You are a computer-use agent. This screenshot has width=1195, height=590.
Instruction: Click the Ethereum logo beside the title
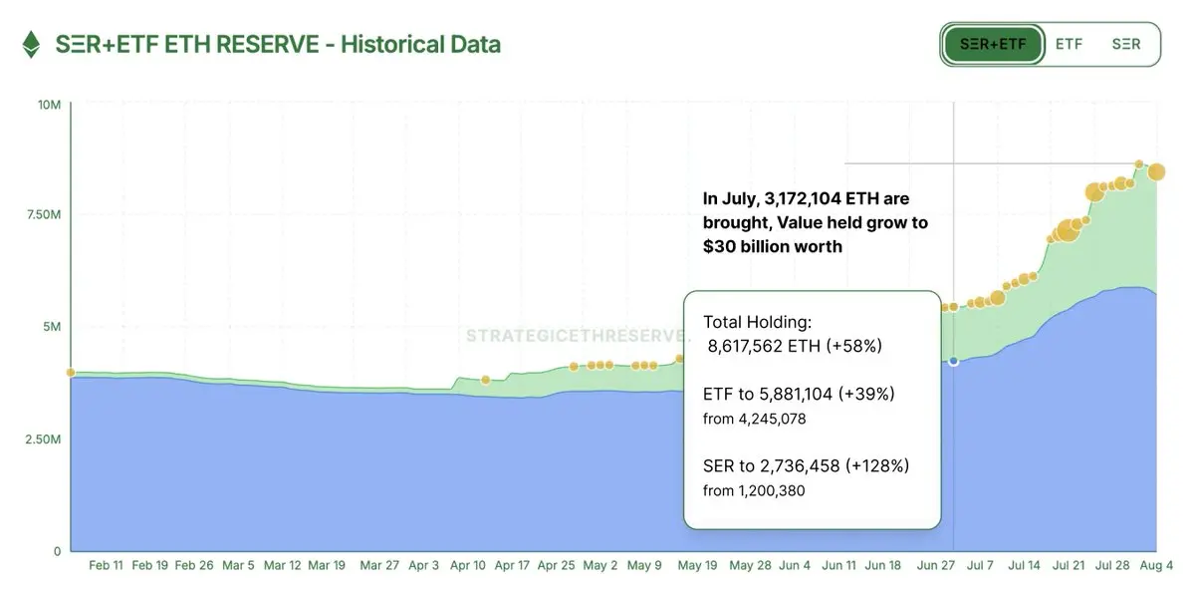(32, 45)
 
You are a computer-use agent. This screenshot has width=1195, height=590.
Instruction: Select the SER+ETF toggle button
(992, 45)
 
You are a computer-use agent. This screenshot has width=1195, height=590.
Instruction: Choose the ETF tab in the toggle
(1069, 45)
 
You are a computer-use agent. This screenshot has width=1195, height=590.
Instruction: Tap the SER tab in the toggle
(1126, 45)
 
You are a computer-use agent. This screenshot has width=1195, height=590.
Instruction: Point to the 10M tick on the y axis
(50, 105)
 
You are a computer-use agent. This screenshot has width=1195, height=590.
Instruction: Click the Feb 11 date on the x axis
(107, 565)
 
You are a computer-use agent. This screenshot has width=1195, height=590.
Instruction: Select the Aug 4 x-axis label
(1156, 565)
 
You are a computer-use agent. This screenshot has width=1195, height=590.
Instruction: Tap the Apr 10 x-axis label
(468, 565)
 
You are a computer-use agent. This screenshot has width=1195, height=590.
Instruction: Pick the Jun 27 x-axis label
(935, 565)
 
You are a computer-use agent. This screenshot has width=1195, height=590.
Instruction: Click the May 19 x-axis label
(697, 565)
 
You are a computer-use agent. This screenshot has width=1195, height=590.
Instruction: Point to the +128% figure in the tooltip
(877, 465)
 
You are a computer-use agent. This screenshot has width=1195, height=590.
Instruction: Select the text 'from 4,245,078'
(754, 419)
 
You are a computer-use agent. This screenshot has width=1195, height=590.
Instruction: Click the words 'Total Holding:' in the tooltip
(757, 323)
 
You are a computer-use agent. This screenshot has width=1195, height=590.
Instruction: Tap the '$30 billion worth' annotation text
(773, 246)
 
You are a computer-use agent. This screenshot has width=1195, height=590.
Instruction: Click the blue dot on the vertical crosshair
(954, 361)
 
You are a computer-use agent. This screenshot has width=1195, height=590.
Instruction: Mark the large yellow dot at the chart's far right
(1156, 172)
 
